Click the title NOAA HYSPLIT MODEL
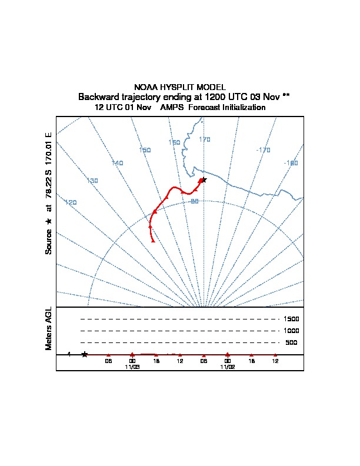pos(180,87)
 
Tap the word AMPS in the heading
pos(172,107)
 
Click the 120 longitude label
pos(71,202)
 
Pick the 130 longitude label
pos(92,181)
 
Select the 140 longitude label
pos(117,163)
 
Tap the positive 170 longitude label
pos(205,139)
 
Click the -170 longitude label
pos(263,150)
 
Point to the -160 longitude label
pos(291,163)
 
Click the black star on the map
pos(204,180)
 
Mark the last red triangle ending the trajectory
pos(153,241)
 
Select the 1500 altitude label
pos(291,319)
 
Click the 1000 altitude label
pos(291,331)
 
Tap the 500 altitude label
pos(291,342)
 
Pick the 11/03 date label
pos(132,367)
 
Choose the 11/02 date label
pos(228,367)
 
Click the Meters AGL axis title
pos(48,328)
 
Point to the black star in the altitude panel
pos(85,354)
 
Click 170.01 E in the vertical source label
pos(48,149)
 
